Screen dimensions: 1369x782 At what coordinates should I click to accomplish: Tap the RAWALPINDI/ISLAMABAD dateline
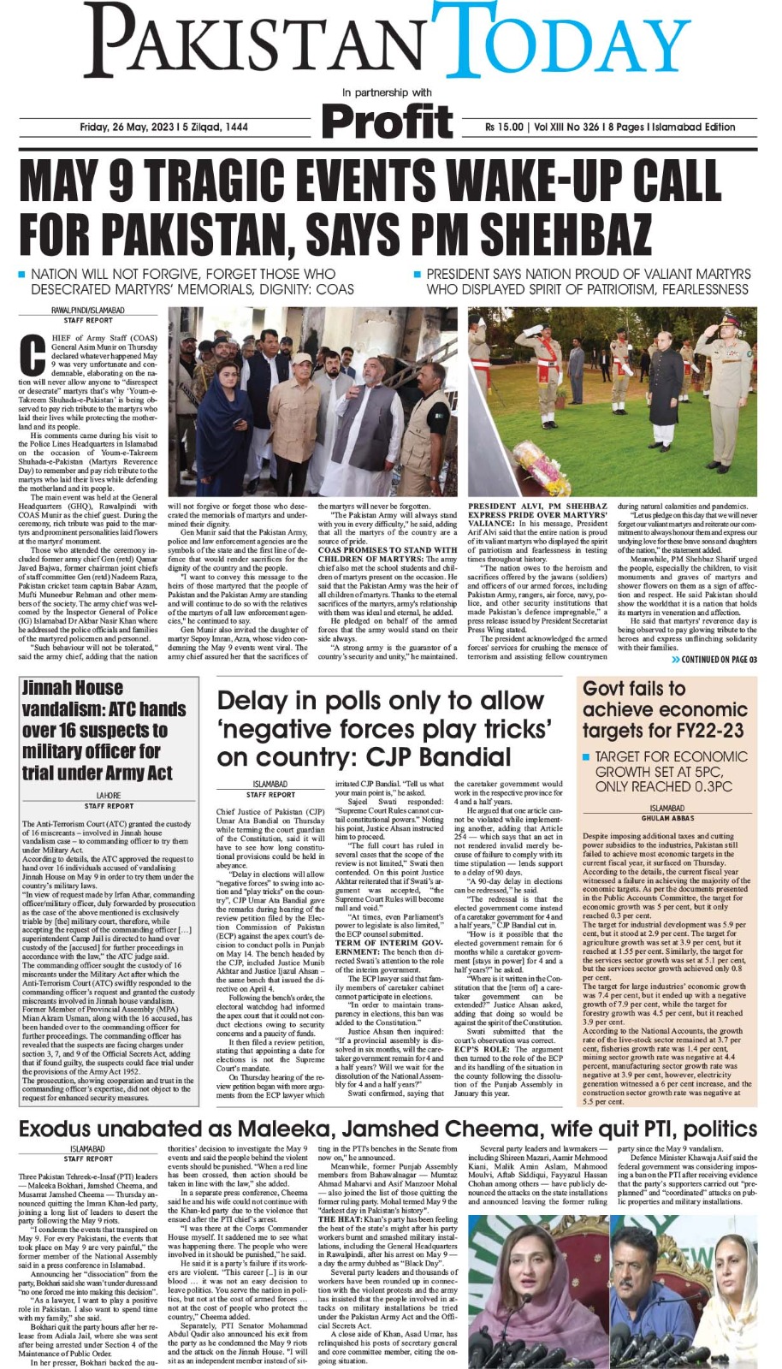point(88,310)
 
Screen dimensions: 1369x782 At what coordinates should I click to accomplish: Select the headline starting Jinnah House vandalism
point(104,730)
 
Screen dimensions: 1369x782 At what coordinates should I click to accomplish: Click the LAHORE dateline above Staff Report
point(109,796)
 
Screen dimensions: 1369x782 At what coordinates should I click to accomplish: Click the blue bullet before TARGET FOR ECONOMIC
point(586,757)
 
